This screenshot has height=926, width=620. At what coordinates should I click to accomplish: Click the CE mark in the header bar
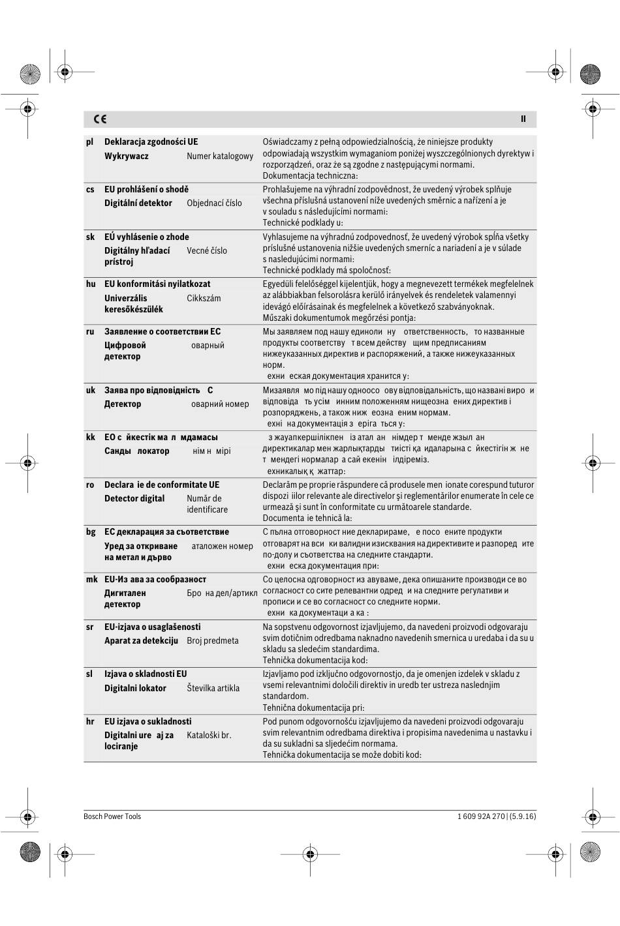click(100, 119)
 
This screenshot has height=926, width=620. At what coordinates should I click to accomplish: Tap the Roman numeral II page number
click(523, 119)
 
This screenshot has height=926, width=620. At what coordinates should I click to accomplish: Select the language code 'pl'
click(89, 142)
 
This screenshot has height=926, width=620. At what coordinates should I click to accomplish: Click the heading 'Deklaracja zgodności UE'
click(151, 142)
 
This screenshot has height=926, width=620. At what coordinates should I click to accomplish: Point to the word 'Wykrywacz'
click(126, 157)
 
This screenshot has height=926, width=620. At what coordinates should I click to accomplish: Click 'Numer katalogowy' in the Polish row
click(220, 157)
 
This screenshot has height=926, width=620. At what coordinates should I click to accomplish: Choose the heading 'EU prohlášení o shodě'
click(146, 190)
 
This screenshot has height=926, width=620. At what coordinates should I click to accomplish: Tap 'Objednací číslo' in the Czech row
click(214, 203)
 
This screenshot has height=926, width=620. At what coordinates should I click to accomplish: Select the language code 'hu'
click(90, 284)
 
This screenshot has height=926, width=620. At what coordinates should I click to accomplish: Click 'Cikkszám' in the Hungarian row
click(204, 299)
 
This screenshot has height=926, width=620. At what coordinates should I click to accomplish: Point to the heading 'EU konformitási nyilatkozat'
click(157, 284)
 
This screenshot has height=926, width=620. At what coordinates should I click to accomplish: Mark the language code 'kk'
click(90, 438)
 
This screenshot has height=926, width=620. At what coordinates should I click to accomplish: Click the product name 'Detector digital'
click(134, 499)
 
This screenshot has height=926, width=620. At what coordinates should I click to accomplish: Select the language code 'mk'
click(91, 580)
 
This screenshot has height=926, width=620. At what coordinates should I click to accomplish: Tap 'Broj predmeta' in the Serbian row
click(213, 641)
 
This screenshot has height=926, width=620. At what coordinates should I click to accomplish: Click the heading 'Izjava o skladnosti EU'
click(146, 674)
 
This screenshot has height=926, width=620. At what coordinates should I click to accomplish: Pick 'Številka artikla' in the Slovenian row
click(213, 689)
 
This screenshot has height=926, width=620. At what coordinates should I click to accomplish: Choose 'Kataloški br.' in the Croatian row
click(209, 736)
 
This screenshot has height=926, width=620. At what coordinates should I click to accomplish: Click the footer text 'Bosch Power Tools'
click(112, 816)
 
